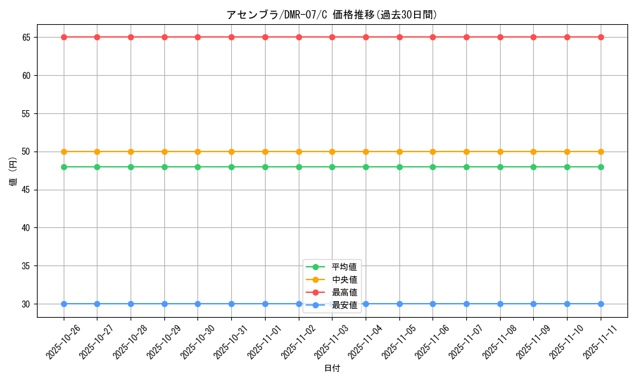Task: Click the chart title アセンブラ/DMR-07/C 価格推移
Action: [332, 15]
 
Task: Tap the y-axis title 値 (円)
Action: [13, 171]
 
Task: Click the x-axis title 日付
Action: [332, 369]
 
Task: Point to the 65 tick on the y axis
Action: [27, 38]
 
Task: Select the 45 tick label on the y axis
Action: [27, 190]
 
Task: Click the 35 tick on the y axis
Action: [27, 266]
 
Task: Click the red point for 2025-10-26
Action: [64, 37]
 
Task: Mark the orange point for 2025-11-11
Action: [601, 152]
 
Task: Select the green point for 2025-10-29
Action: [164, 167]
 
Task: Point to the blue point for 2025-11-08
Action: [500, 304]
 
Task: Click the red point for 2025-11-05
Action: [399, 37]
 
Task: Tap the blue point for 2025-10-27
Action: [97, 304]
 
